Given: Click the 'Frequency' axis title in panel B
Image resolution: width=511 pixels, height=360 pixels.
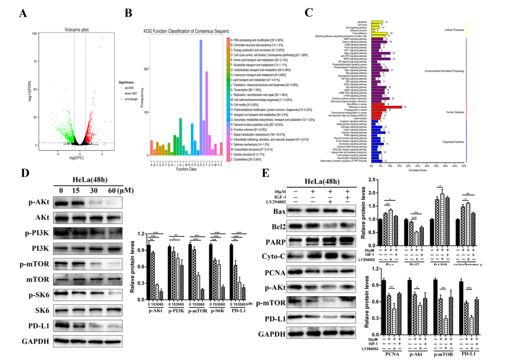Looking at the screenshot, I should tap(141, 95).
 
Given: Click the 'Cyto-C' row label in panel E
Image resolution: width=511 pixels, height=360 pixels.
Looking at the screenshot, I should tap(273, 257).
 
